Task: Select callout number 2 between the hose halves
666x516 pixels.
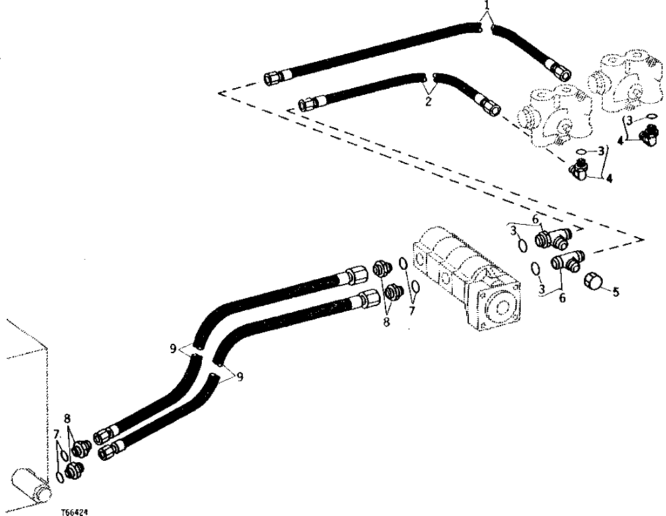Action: pyautogui.click(x=428, y=102)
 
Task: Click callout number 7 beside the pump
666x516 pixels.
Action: pyautogui.click(x=413, y=311)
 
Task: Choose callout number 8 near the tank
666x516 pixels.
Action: pyautogui.click(x=67, y=418)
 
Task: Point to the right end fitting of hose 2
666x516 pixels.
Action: pyautogui.click(x=489, y=105)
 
